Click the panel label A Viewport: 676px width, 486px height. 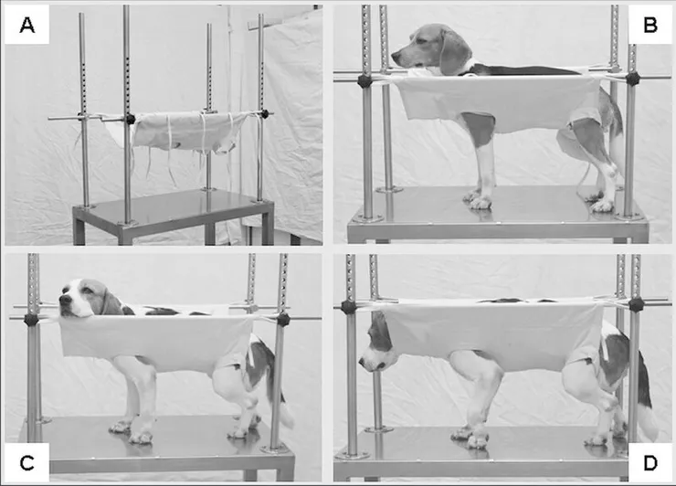pos(26,25)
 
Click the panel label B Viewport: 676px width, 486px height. pos(650,25)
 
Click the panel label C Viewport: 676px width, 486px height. pos(26,463)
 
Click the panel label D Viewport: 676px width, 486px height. pos(650,463)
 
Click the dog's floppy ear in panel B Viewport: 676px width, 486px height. pos(453,54)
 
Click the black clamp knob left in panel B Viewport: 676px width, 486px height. pos(364,81)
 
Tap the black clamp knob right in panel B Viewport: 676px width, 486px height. pos(632,79)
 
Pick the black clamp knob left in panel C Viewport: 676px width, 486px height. pos(31,320)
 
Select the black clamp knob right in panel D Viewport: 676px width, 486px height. pos(636,304)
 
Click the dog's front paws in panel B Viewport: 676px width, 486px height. pos(478,200)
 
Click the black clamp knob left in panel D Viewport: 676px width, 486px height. pos(348,307)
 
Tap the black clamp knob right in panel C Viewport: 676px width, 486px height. pos(283,320)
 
